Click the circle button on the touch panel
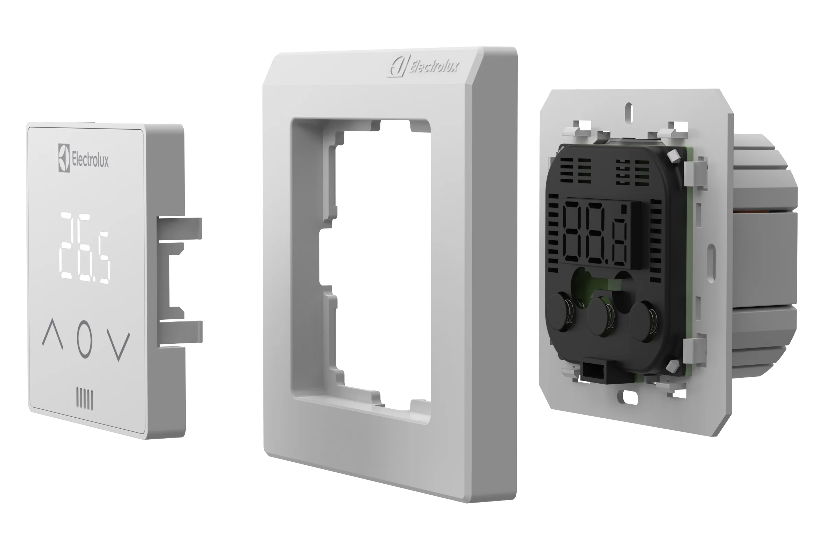84,339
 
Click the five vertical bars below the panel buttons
85,398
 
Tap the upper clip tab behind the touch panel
179,228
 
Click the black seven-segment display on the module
600,234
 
